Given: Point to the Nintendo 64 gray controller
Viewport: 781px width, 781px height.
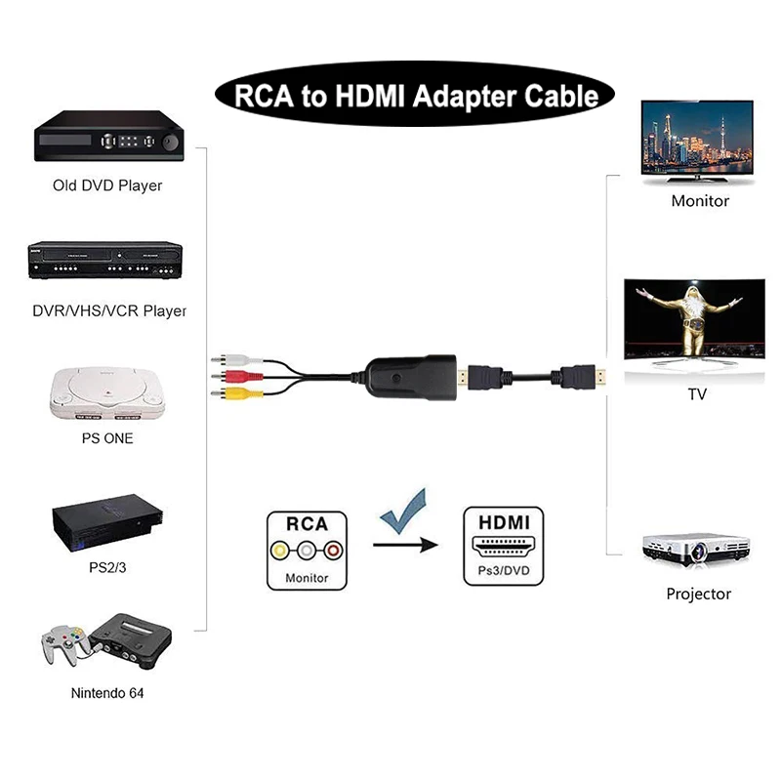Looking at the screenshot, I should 62,645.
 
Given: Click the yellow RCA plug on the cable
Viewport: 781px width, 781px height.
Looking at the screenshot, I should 227,394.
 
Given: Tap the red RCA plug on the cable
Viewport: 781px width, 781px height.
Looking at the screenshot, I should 226,375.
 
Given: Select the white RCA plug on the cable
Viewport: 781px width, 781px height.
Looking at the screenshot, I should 226,358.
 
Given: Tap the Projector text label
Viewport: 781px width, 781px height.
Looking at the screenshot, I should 698,594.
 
